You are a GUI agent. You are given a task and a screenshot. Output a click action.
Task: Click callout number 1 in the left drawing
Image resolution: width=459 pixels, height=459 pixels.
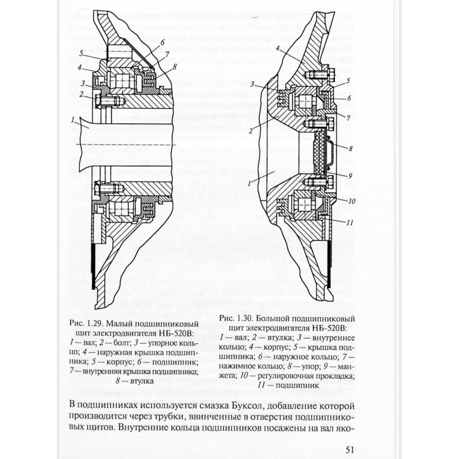point(73,121)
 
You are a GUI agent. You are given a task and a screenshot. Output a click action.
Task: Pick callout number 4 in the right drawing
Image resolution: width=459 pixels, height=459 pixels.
point(277,50)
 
